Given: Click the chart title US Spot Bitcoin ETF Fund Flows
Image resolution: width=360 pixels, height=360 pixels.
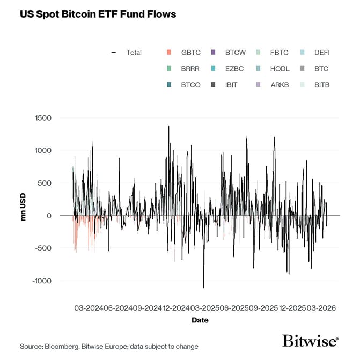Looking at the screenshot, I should click(98, 14).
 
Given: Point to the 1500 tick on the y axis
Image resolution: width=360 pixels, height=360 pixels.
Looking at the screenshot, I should click(43, 118).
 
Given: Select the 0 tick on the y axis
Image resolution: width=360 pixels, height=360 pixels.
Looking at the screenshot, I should click(49, 216).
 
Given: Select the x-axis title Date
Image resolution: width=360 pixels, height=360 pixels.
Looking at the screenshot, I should click(200, 320).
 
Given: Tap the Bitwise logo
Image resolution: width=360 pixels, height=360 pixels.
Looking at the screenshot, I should click(310, 341).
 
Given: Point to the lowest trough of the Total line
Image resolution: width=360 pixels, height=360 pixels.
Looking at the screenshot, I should click(203, 288).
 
